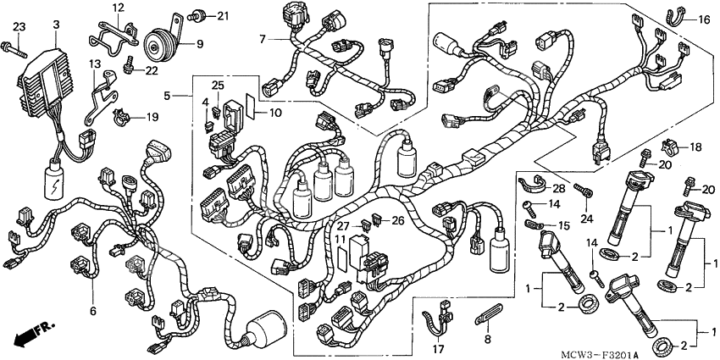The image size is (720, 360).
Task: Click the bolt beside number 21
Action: pyautogui.click(x=198, y=14)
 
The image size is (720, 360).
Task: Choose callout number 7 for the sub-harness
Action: pyautogui.click(x=263, y=39)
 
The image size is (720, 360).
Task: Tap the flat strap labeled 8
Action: pyautogui.click(x=488, y=322)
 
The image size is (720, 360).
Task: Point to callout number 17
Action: pyautogui.click(x=438, y=348)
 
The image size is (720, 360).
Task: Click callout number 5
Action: pyautogui.click(x=168, y=97)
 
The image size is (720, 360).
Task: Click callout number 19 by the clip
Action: pyautogui.click(x=152, y=117)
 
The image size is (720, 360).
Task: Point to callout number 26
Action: pyautogui.click(x=398, y=221)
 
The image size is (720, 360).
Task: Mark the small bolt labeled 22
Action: pyautogui.click(x=130, y=62)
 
